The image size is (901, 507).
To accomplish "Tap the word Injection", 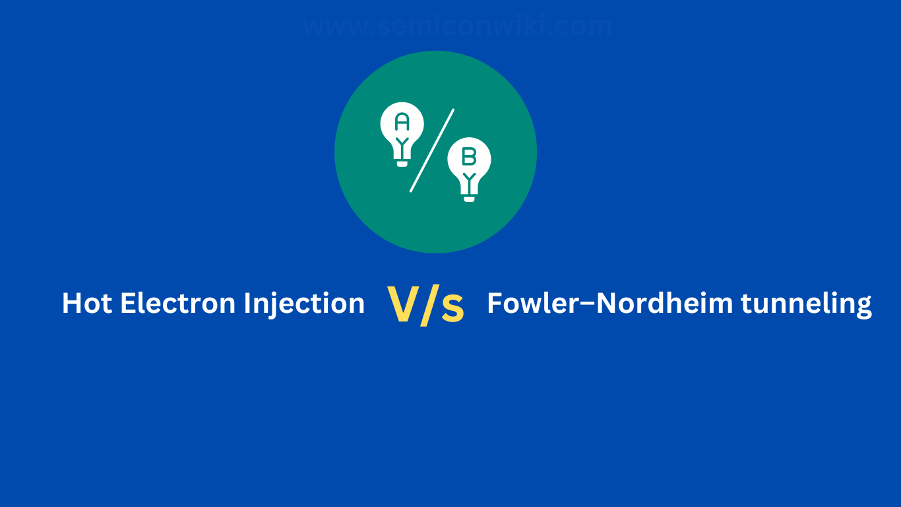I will pyautogui.click(x=304, y=304).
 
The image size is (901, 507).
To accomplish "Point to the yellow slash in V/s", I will pyautogui.click(x=427, y=305).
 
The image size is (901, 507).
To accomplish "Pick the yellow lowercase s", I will pyautogui.click(x=452, y=308).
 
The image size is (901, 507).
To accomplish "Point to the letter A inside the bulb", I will pyautogui.click(x=402, y=121).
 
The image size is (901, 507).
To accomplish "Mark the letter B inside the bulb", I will pyautogui.click(x=469, y=156).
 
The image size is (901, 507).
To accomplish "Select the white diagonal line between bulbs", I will pyautogui.click(x=432, y=151).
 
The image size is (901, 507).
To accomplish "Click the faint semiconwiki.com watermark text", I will pyautogui.click(x=458, y=26).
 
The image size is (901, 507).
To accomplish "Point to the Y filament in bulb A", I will pyautogui.click(x=402, y=143).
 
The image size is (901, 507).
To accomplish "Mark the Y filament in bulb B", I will pyautogui.click(x=469, y=178).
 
